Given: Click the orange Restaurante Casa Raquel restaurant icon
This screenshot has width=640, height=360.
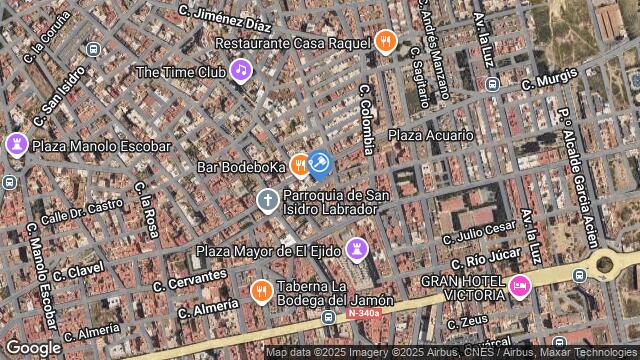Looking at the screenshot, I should pos(386,42).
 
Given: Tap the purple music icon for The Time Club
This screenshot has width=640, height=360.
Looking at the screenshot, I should pos(240,70).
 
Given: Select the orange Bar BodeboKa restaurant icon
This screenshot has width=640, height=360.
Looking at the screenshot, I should pos(299,166).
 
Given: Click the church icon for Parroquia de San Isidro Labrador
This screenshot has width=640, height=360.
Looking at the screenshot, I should pos(267,200).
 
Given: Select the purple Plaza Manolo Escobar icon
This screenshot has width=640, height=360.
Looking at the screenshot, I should pos(16,145).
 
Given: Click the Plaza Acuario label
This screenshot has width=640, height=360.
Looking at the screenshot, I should pos(430,135).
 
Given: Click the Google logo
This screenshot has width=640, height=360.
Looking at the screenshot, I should pos(33,347).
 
